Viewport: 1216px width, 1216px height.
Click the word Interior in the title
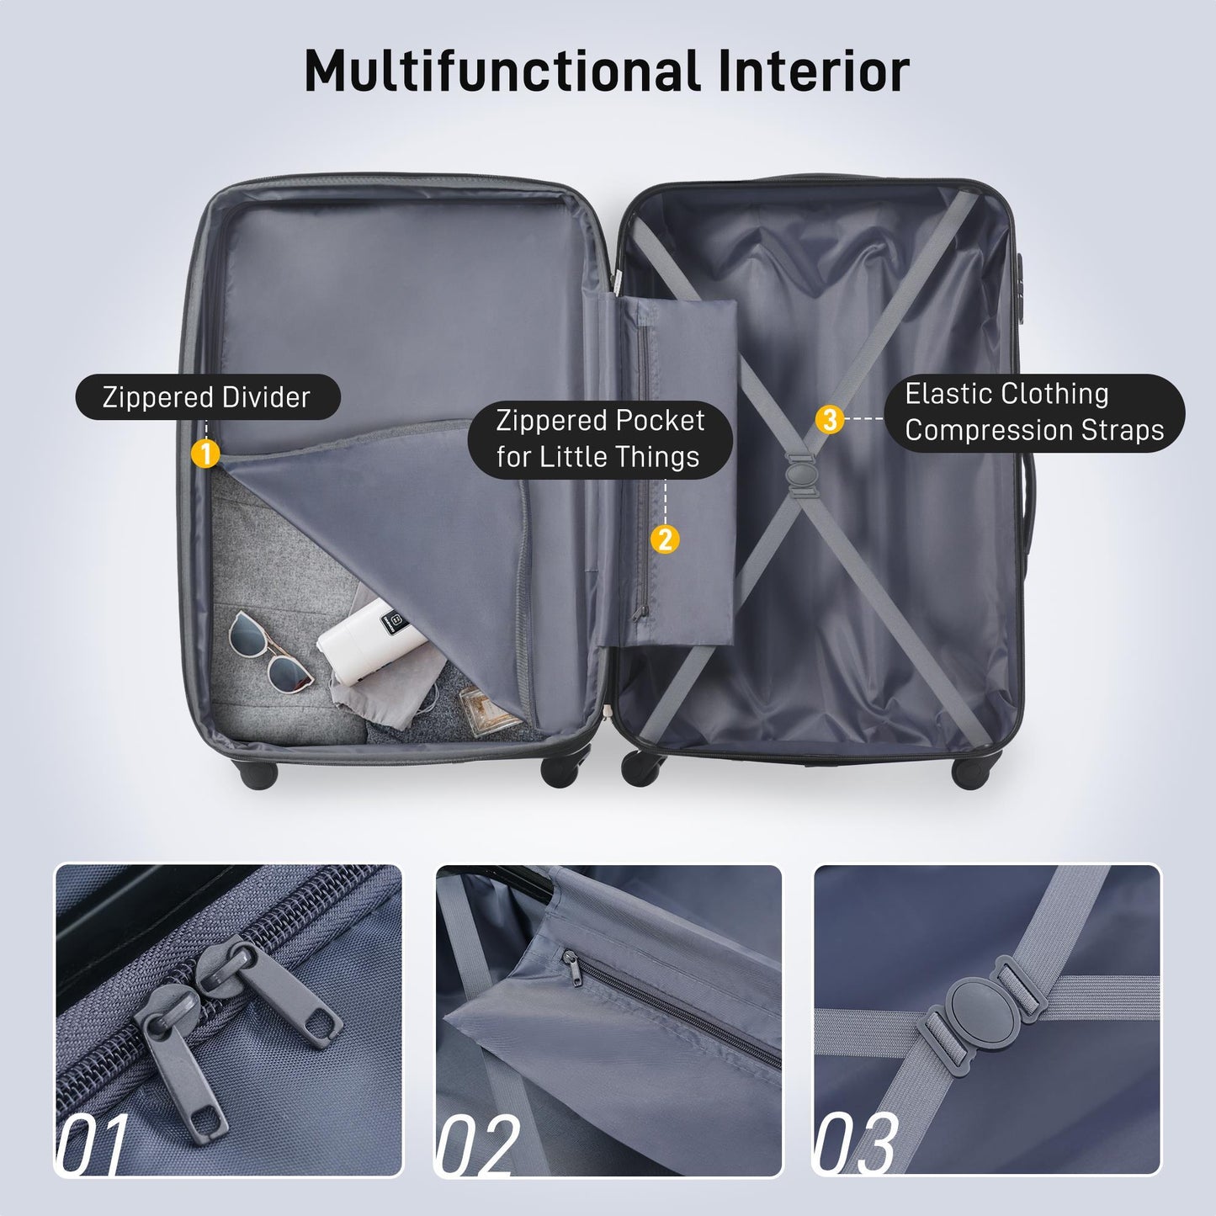click(x=813, y=71)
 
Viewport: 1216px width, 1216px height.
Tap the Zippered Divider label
click(x=207, y=397)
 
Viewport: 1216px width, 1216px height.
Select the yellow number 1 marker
click(x=205, y=454)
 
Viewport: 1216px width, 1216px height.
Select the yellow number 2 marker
click(x=665, y=539)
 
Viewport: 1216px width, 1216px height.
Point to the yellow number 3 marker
click(x=830, y=418)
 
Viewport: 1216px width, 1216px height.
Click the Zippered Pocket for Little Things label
click(x=600, y=438)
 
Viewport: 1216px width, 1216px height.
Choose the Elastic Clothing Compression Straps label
click(x=1034, y=412)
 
